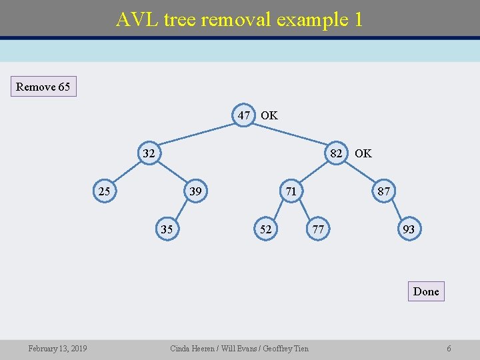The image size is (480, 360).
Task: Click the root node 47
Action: click(x=244, y=115)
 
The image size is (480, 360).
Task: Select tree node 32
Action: click(x=149, y=153)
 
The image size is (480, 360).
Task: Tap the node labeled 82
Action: click(x=337, y=153)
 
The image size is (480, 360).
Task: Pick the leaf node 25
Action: click(x=104, y=192)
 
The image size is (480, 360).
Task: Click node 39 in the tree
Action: click(x=195, y=192)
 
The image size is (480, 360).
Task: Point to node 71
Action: click(x=291, y=192)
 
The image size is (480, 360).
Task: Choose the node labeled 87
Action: click(x=383, y=192)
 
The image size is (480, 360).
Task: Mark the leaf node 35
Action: click(x=167, y=229)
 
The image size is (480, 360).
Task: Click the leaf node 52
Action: click(x=265, y=229)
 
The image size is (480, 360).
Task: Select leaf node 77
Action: click(x=318, y=229)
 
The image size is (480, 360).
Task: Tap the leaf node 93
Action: click(x=409, y=229)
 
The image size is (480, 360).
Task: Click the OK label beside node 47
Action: click(x=269, y=115)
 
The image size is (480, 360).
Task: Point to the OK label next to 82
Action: click(x=363, y=153)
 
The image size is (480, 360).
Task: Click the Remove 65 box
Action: click(x=43, y=87)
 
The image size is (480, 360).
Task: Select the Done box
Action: click(x=426, y=291)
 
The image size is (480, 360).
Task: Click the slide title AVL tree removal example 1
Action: click(x=239, y=19)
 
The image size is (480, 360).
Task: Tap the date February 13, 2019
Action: click(x=57, y=349)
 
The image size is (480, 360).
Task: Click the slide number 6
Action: click(x=449, y=349)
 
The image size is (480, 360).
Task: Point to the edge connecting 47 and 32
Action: click(x=197, y=133)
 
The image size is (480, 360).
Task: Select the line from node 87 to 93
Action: click(x=397, y=211)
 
